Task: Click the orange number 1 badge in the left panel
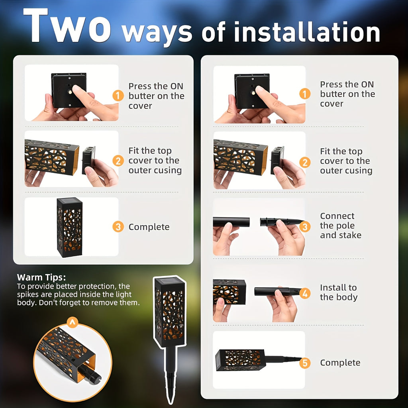(118, 96)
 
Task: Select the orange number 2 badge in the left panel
(118, 161)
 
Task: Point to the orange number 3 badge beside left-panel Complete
(118, 227)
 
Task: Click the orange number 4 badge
(305, 293)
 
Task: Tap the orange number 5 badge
(305, 363)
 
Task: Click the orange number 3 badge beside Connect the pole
(305, 227)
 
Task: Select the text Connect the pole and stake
(341, 226)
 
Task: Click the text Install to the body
(339, 292)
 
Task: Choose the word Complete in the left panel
(149, 227)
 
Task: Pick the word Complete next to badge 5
(340, 363)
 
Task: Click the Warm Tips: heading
(41, 277)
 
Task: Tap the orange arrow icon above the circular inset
(73, 322)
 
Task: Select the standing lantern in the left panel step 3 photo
(69, 227)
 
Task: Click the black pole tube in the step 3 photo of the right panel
(231, 222)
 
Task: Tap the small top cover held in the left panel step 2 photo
(89, 160)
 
